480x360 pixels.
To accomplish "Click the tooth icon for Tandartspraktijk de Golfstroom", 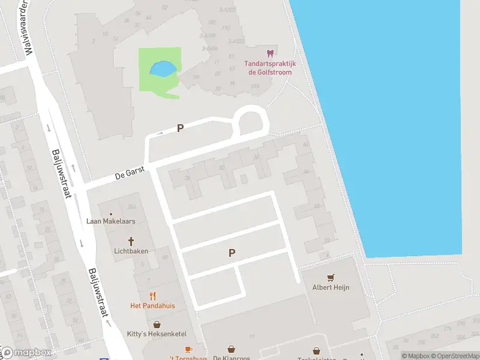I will coord(270,53).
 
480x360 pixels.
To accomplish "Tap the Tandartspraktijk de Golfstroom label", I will coord(269,68).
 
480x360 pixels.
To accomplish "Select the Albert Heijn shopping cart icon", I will coord(330,277).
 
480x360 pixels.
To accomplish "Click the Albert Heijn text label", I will coord(331,287).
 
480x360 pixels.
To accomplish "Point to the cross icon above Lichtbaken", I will coord(131,241).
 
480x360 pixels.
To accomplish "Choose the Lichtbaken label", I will coord(131,251).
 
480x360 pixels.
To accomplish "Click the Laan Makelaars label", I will coord(111,221).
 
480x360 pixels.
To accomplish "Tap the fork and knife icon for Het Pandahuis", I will coord(152,295).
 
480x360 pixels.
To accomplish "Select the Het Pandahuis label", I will coord(152,305).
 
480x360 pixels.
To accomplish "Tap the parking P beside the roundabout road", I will coord(179,128).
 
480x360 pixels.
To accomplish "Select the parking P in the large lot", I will coord(232,253).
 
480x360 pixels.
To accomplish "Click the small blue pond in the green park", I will coord(163,69).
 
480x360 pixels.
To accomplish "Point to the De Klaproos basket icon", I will coord(232,349).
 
